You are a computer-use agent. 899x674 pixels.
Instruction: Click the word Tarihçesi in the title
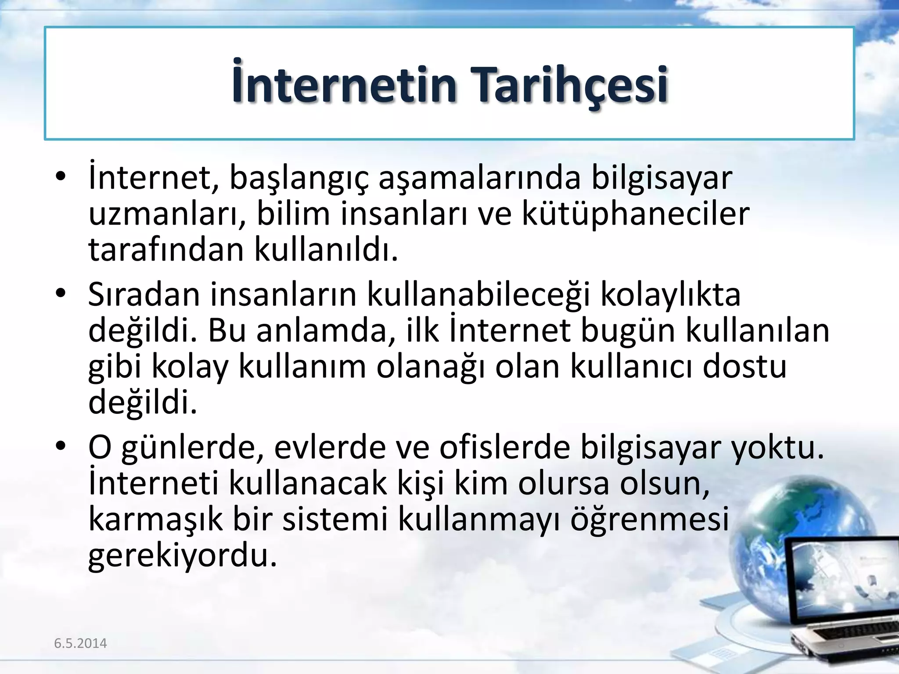pyautogui.click(x=569, y=84)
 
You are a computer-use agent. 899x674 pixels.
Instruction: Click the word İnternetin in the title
pyautogui.click(x=345, y=84)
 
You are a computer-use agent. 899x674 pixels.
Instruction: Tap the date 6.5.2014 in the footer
pyautogui.click(x=80, y=643)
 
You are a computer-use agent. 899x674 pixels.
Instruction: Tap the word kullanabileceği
pyautogui.click(x=478, y=295)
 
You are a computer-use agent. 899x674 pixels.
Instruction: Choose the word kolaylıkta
pyautogui.click(x=670, y=295)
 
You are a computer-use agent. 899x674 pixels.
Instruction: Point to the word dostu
pyautogui.click(x=745, y=366)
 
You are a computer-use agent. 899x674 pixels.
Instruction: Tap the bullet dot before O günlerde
pyautogui.click(x=61, y=446)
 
